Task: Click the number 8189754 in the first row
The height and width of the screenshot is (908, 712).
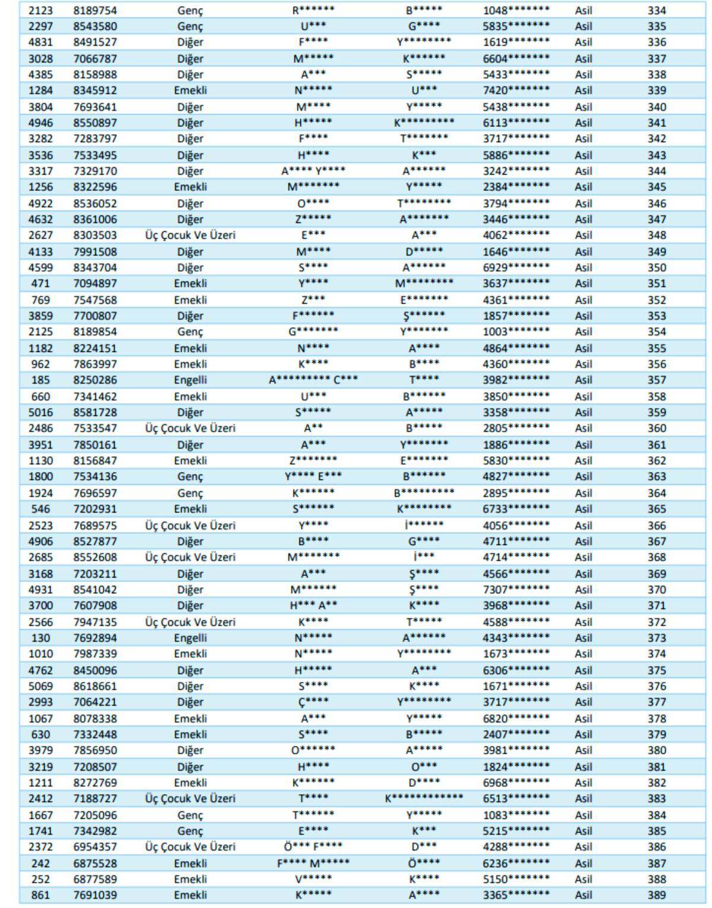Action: [95, 10]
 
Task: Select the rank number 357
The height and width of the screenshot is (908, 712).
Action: [656, 380]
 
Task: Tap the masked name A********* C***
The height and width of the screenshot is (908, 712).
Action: [313, 380]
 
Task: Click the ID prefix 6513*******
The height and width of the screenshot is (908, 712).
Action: [516, 798]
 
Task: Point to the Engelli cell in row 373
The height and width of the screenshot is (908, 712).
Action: [190, 638]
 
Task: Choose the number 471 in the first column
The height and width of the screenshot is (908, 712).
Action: [40, 283]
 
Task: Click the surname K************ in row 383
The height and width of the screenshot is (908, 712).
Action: [424, 798]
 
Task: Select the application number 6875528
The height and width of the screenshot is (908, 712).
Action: [95, 863]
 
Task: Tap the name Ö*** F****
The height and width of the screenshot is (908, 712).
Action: [313, 846]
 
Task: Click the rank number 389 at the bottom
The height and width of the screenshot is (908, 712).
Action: [656, 894]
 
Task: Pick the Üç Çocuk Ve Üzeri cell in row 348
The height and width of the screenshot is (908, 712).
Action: [190, 235]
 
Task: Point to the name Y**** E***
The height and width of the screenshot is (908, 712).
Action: [313, 476]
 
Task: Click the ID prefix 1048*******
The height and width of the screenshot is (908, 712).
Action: [516, 10]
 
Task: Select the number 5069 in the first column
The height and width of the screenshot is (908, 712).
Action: [40, 686]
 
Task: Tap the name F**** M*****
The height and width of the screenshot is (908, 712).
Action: [313, 863]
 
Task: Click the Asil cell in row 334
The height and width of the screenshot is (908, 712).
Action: [583, 10]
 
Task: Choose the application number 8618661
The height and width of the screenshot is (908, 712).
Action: [95, 686]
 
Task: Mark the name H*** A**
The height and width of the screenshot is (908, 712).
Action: [313, 605]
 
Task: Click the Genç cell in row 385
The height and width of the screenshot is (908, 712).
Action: [190, 830]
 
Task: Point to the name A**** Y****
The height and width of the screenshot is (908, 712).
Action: [313, 171]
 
